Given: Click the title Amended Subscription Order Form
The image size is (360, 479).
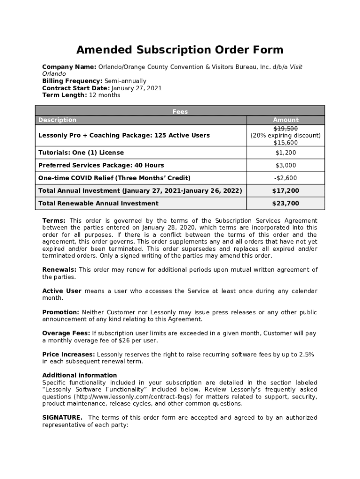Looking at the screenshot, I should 180,50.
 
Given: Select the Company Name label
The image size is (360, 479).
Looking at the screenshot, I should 69,67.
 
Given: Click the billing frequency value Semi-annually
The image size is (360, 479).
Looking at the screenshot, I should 125,81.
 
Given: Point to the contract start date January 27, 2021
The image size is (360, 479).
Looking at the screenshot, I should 137,88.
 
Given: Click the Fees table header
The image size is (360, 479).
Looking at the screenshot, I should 180,112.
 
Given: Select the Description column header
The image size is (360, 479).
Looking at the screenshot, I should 57,120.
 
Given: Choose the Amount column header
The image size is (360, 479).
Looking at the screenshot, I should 285,120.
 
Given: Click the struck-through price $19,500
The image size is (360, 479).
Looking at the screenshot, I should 285,128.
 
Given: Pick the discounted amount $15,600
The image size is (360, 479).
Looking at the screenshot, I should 285,143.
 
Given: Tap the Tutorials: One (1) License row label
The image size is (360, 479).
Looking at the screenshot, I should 81,152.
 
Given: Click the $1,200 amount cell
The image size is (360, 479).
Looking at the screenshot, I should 285,152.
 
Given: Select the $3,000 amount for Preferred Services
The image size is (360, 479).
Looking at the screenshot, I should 285,165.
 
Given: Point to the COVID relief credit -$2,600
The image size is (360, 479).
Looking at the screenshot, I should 285,178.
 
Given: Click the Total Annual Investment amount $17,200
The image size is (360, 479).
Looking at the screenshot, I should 285,191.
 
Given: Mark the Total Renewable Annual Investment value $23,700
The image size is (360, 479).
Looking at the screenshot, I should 285,203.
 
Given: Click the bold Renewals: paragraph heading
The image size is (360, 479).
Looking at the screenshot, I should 59,270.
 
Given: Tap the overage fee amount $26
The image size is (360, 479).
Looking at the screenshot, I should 124,341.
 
